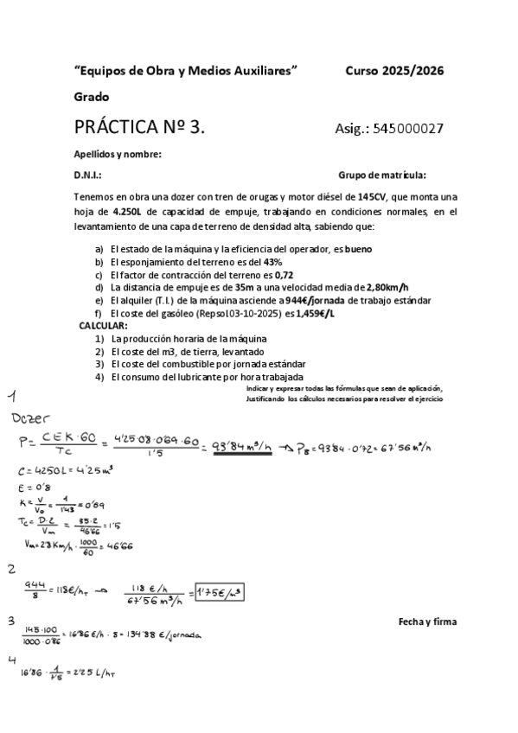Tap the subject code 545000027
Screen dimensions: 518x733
coord(407,129)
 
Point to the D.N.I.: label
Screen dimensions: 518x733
coord(89,174)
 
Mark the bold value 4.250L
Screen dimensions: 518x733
coord(130,210)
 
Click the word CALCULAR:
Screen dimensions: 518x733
coord(103,325)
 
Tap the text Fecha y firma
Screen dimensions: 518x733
coord(427,621)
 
